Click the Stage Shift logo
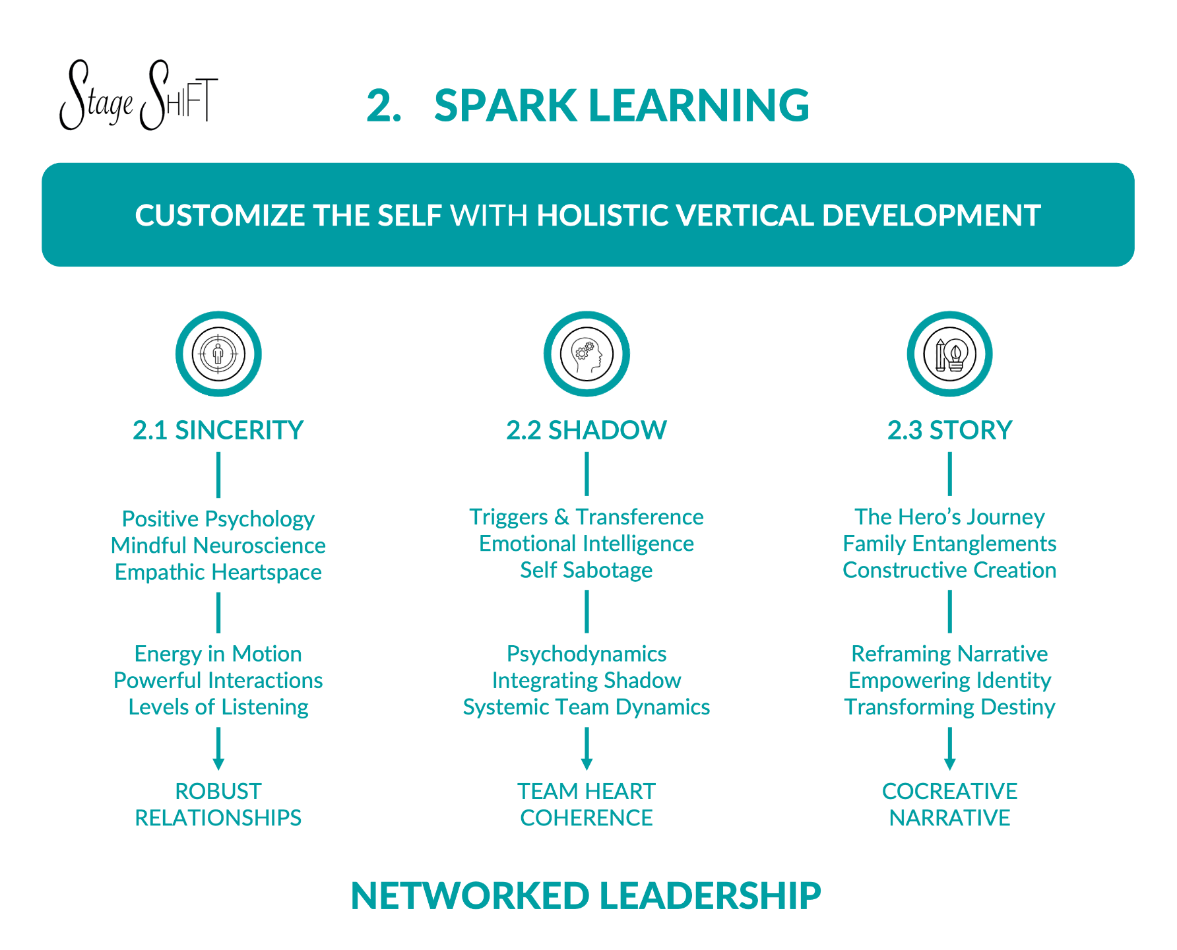pyautogui.click(x=138, y=96)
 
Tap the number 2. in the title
pyautogui.click(x=383, y=106)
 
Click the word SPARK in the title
pyautogui.click(x=505, y=106)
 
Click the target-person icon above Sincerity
pyautogui.click(x=218, y=354)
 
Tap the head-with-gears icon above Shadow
pyautogui.click(x=587, y=354)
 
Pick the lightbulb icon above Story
pyautogui.click(x=949, y=354)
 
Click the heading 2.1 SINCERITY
pyautogui.click(x=218, y=430)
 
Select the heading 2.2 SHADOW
pyautogui.click(x=587, y=430)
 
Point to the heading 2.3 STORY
pyautogui.click(x=949, y=430)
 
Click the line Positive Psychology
pyautogui.click(x=218, y=519)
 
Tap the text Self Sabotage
pyautogui.click(x=587, y=570)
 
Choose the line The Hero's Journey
pyautogui.click(x=949, y=517)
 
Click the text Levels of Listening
pyautogui.click(x=218, y=707)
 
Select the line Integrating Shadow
pyautogui.click(x=587, y=680)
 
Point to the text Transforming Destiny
pyautogui.click(x=949, y=707)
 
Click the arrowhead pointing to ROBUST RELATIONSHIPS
pyautogui.click(x=218, y=764)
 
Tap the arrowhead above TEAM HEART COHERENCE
pyautogui.click(x=587, y=764)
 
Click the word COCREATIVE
pyautogui.click(x=949, y=791)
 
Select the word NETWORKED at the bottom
pyautogui.click(x=470, y=896)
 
